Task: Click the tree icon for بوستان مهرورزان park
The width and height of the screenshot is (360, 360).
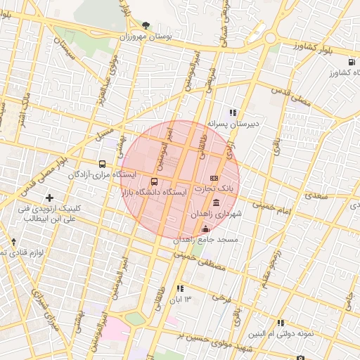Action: pyautogui.click(x=146, y=25)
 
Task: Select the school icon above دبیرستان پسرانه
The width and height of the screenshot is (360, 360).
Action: pyautogui.click(x=233, y=112)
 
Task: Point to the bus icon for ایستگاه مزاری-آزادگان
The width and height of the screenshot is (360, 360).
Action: pyautogui.click(x=103, y=163)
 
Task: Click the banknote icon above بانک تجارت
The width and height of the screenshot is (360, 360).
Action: pyautogui.click(x=214, y=178)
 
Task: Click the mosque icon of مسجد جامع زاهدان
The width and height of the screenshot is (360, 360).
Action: pyautogui.click(x=205, y=229)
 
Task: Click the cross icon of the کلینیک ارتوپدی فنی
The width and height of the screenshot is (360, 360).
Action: pyautogui.click(x=49, y=198)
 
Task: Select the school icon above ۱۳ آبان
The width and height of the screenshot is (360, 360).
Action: pyautogui.click(x=180, y=288)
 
